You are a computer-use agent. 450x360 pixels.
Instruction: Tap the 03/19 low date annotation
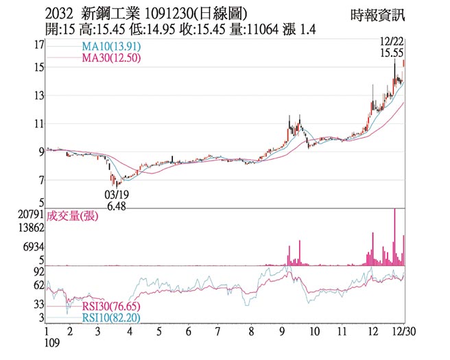pyautogui.click(x=116, y=195)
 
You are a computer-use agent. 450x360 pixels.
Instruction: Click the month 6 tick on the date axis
pyautogui.click(x=188, y=331)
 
